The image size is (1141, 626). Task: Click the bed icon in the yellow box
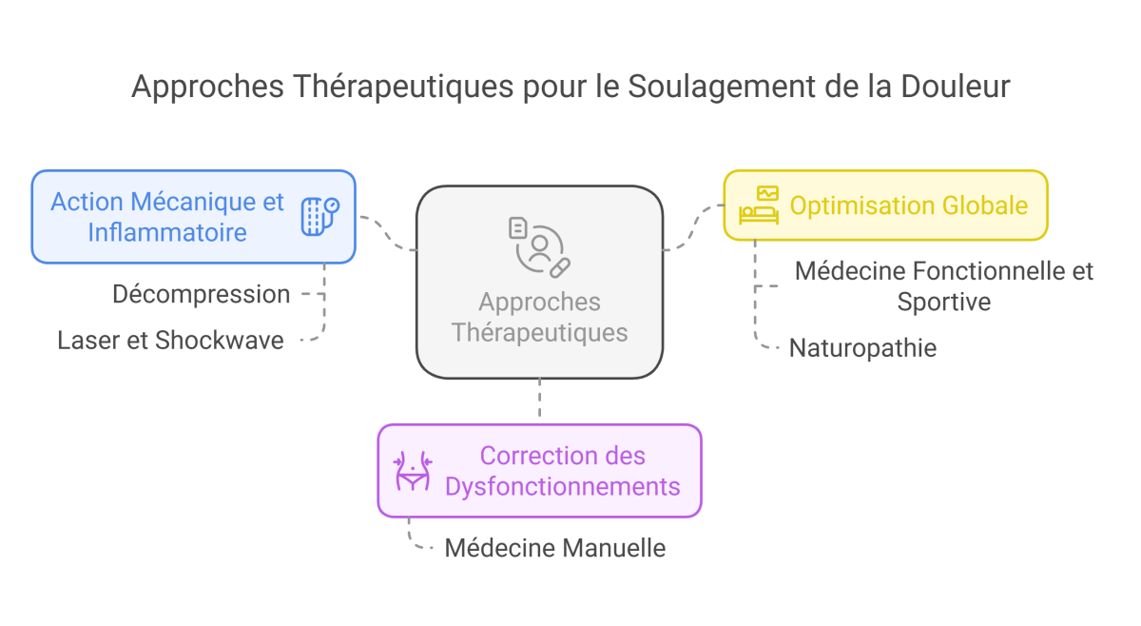(759, 205)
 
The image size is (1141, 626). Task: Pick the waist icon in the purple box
(414, 471)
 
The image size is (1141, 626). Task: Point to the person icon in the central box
(539, 245)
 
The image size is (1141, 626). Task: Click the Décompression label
(202, 295)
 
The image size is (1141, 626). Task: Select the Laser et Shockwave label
(170, 340)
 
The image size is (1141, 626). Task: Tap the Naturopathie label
(862, 348)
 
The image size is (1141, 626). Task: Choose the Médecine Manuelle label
(555, 548)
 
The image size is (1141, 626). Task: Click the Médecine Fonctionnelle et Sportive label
(944, 286)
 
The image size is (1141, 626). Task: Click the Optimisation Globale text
(909, 205)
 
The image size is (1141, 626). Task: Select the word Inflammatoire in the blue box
(167, 231)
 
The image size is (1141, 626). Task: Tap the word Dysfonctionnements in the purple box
(563, 486)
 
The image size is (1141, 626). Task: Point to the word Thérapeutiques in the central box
(539, 333)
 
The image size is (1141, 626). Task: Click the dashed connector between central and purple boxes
(539, 400)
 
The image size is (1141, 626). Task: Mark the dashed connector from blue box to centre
(388, 233)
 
